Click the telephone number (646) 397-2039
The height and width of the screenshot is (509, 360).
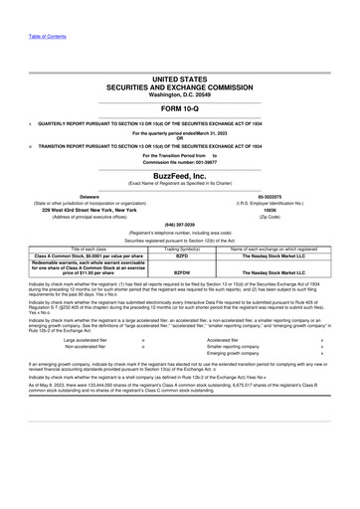179,225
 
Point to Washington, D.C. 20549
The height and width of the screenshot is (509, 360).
179,93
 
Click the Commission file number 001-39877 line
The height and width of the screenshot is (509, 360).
179,162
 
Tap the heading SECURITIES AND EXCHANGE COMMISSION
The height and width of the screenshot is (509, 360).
179,85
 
